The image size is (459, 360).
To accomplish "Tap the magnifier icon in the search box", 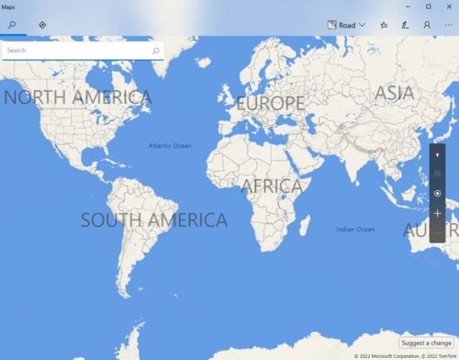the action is coord(156,51).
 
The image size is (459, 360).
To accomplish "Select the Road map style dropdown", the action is coord(346,25).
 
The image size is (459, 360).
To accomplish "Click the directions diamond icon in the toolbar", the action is coord(42,25).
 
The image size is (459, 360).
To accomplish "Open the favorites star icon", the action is coord(384,25).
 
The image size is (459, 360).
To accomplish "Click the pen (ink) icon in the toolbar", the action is coord(405,25).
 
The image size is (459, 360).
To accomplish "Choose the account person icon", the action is coord(427,25).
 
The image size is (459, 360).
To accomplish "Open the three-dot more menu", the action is coord(447,25).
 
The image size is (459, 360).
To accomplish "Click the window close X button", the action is coord(447,6).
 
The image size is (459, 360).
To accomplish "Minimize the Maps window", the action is coord(407,6).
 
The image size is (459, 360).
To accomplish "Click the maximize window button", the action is coord(428,6).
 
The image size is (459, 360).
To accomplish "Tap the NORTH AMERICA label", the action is coord(77,97).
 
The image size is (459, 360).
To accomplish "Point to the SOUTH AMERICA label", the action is coord(153,220).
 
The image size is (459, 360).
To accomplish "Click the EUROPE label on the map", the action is coord(270,104).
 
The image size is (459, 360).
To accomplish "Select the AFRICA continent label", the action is coord(272,186).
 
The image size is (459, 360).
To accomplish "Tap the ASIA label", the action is coord(395,93).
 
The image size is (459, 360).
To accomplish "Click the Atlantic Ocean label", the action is coord(171,145).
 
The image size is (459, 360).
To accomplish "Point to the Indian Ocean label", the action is coord(355,229).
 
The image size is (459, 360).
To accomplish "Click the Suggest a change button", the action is coord(427,343).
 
